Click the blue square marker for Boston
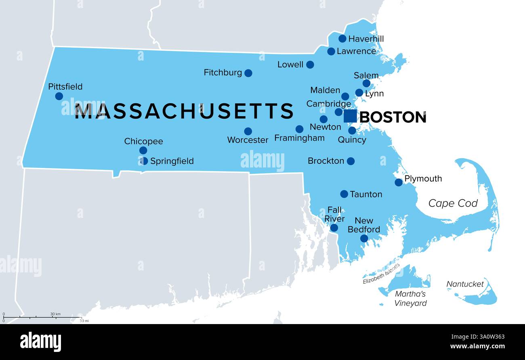coord(350,116)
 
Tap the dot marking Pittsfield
coord(59,96)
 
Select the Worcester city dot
coord(248,131)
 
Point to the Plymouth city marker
coord(399,182)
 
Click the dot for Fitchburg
coord(248,73)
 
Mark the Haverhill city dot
coord(342,39)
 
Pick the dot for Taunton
coord(344,194)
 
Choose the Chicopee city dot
coord(143,151)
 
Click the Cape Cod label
coord(453,203)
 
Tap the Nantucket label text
coord(465,284)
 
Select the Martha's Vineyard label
coord(410,299)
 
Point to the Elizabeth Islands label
coord(381,274)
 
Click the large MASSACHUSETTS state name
coord(184,111)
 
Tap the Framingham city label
coord(299,138)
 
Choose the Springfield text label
coord(172,161)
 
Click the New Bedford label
coord(364,225)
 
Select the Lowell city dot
coord(310,65)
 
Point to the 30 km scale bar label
coord(55,314)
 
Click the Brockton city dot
coord(351,161)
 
